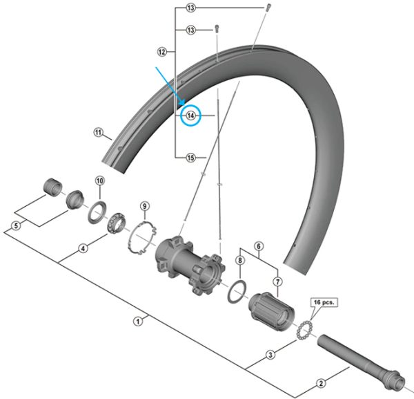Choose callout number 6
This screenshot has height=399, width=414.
click(x=259, y=245)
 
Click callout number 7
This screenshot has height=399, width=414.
click(x=277, y=281)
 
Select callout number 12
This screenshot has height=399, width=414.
click(x=162, y=52)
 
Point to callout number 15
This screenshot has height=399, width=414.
click(x=191, y=158)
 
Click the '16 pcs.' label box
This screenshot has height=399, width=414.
click(x=324, y=302)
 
